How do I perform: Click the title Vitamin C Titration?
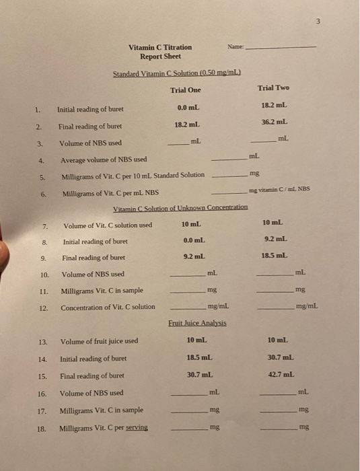pos(160,47)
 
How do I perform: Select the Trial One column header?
pos(185,90)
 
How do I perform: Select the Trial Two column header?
pos(273,88)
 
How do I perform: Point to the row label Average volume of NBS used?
pos(103,160)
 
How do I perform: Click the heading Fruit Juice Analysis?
pos(197,323)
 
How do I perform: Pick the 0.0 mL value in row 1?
pos(187,108)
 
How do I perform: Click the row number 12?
pos(44,307)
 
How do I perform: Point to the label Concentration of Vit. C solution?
pos(108,307)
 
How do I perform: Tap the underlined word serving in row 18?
pos(135,428)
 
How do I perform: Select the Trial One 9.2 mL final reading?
pos(194,257)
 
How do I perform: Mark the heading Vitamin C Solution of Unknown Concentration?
pos(180,208)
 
